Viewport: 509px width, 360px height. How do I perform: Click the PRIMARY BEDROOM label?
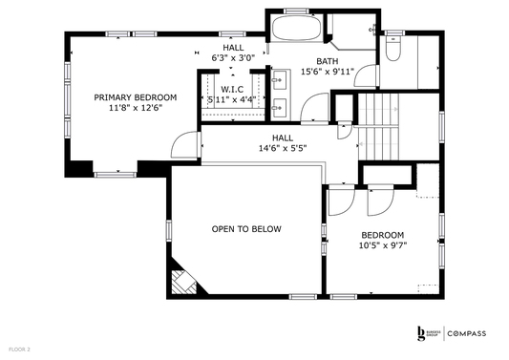(x=135, y=97)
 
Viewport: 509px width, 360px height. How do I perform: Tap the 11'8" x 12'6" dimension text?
(x=135, y=108)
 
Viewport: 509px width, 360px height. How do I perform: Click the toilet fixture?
(x=396, y=48)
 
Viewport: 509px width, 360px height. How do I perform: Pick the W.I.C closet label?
(x=231, y=90)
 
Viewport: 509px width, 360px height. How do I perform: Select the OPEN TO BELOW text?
(x=245, y=229)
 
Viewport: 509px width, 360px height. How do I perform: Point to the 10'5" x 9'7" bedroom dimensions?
(x=382, y=245)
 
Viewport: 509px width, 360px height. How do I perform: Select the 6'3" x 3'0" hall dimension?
(x=233, y=57)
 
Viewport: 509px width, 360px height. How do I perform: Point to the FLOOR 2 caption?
(x=17, y=349)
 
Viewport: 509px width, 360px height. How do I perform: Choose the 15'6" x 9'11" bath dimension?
(x=328, y=71)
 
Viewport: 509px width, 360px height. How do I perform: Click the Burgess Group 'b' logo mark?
(x=421, y=333)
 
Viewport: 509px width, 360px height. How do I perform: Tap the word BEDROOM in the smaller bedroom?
(x=382, y=235)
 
